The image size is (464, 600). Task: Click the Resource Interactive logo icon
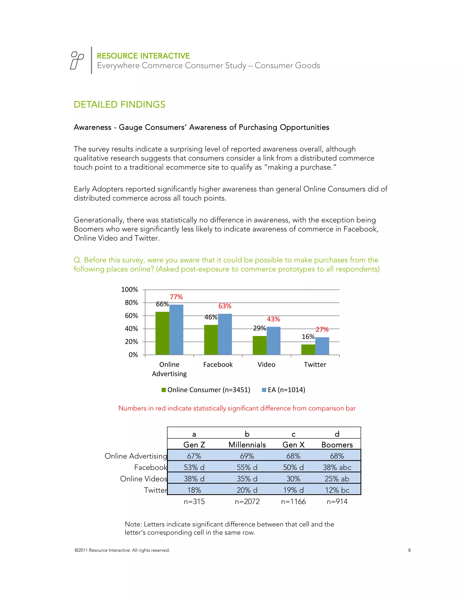click(77, 60)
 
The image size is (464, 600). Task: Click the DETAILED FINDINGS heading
click(119, 104)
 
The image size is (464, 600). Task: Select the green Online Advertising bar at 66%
click(162, 333)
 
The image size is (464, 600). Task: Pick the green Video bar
click(259, 345)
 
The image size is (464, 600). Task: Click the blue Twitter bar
click(322, 346)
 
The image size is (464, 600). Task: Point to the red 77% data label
click(176, 297)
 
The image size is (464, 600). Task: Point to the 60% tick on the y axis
click(131, 316)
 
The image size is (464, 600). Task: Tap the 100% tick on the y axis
click(129, 290)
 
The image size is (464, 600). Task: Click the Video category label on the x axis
click(266, 365)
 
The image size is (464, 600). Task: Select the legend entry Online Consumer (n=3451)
click(206, 390)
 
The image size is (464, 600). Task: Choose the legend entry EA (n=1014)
click(284, 390)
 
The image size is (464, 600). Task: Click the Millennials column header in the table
click(247, 445)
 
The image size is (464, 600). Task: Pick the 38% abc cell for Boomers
click(337, 467)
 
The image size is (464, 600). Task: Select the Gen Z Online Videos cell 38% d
click(194, 479)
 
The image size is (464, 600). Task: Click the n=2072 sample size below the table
click(247, 502)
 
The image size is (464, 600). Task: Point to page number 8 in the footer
click(409, 550)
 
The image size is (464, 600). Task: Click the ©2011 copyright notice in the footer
click(122, 550)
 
